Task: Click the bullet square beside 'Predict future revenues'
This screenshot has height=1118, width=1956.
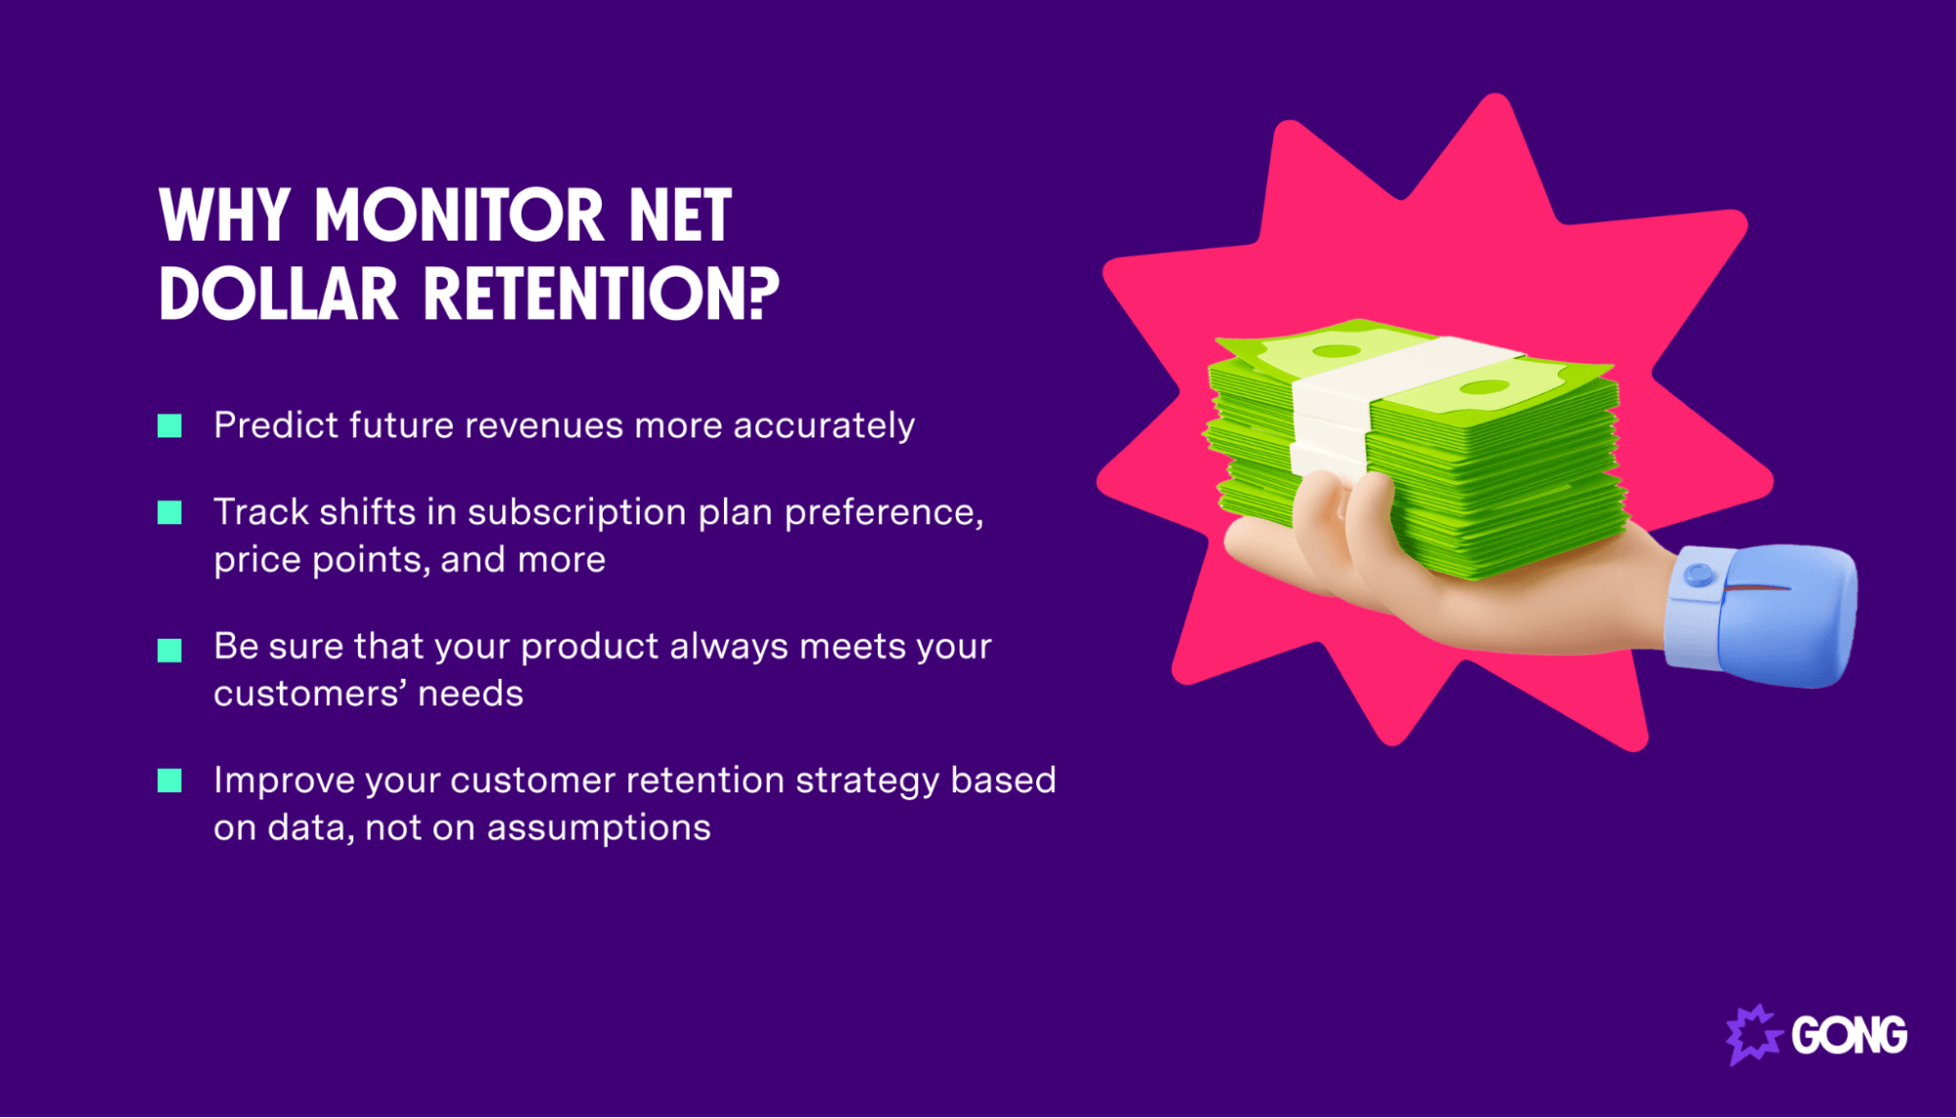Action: click(x=170, y=425)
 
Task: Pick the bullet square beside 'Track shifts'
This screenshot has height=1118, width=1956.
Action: click(x=170, y=513)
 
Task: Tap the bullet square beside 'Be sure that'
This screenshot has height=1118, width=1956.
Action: click(x=170, y=650)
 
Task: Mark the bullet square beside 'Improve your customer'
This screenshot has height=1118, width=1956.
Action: click(x=170, y=781)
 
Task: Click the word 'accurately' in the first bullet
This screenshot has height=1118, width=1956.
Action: click(x=824, y=425)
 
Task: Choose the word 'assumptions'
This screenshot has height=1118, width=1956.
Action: click(x=599, y=827)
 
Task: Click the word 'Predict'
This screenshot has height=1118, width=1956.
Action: click(x=274, y=425)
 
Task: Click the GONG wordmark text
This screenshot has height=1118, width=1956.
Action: click(x=1848, y=1035)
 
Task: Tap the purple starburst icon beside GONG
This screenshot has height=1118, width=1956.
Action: click(x=1752, y=1034)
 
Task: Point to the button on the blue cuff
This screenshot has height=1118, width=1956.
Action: click(x=1699, y=574)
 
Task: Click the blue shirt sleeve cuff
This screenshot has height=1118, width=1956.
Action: click(x=1761, y=616)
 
